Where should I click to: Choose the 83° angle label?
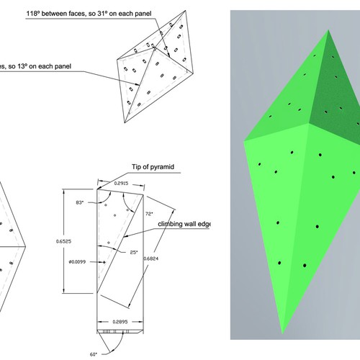pyautogui.click(x=79, y=205)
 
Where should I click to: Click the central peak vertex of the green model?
pyautogui.click(x=308, y=125)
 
